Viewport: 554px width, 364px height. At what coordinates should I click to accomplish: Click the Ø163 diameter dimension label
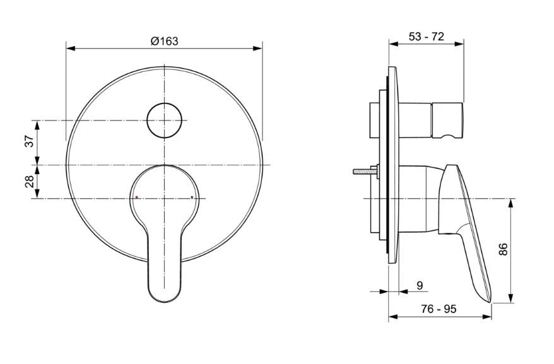(164, 41)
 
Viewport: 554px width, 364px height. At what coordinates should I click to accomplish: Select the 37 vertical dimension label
(29, 141)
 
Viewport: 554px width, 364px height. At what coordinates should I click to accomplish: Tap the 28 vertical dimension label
(29, 182)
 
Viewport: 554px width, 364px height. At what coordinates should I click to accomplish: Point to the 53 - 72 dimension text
(426, 37)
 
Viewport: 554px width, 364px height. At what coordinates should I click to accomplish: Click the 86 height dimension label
(503, 249)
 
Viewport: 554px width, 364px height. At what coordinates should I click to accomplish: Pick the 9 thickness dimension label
(420, 285)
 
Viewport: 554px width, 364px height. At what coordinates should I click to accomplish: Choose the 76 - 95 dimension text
(438, 309)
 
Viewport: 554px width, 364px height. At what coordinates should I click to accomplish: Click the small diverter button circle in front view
(164, 120)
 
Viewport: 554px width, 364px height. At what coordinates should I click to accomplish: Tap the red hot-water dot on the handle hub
(136, 197)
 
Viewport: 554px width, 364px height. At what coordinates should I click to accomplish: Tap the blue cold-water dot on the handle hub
(192, 197)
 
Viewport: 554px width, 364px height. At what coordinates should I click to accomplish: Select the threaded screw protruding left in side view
(365, 170)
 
